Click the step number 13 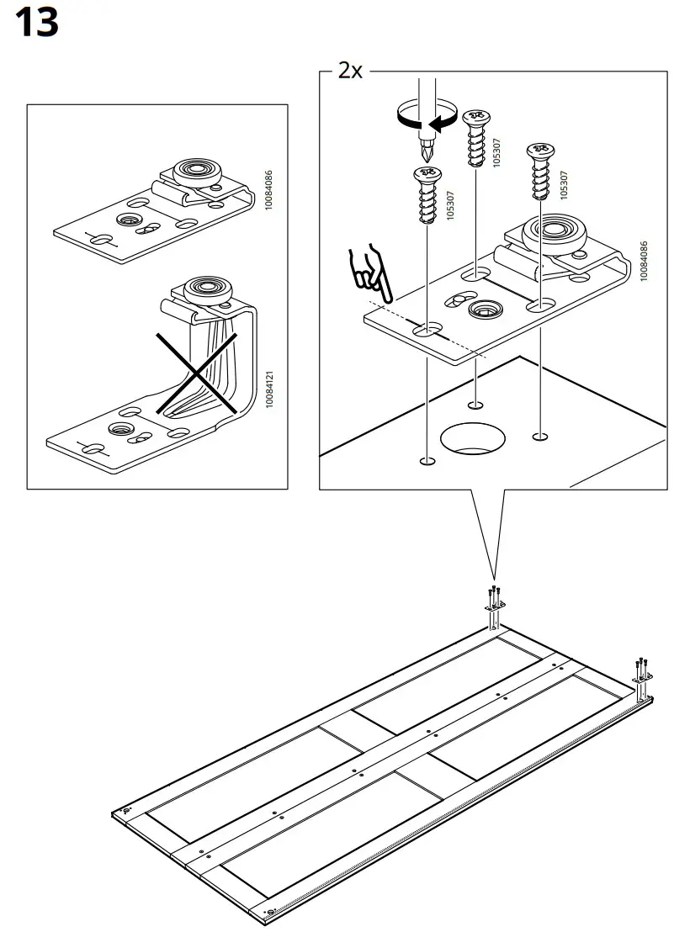(x=38, y=23)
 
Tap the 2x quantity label (x=350, y=71)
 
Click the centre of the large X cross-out (x=196, y=372)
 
